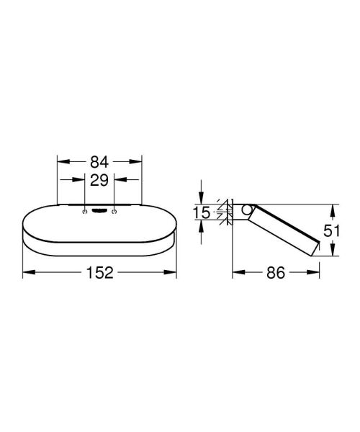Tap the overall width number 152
(99, 273)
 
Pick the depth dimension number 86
(276, 273)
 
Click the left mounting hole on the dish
(86, 212)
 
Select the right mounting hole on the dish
(114, 212)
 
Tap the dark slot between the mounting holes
(99, 211)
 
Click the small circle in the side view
(246, 210)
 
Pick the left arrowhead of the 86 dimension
(235, 272)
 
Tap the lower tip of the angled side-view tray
(312, 254)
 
